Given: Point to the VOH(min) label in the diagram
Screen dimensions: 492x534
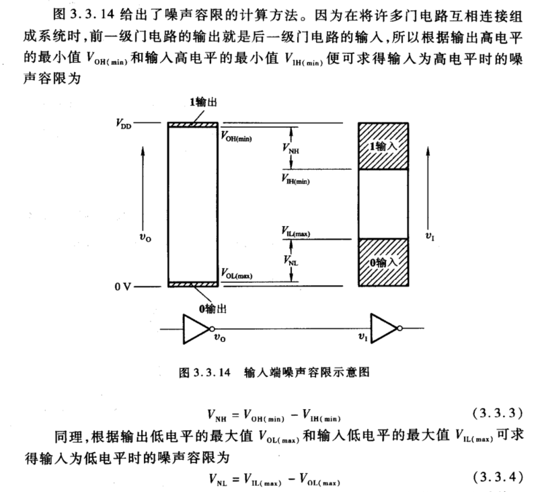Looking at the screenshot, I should (x=237, y=135).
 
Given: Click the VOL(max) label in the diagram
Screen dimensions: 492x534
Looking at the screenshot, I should (x=237, y=275).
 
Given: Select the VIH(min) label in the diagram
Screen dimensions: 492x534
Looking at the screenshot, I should (x=296, y=180).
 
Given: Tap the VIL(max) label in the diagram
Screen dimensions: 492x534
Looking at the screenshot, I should (x=296, y=232).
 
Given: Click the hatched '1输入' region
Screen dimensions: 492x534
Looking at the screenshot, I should (x=383, y=145).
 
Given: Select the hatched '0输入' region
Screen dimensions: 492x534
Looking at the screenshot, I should (x=383, y=262).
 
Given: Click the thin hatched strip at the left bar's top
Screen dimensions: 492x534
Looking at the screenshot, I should (x=192, y=125).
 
